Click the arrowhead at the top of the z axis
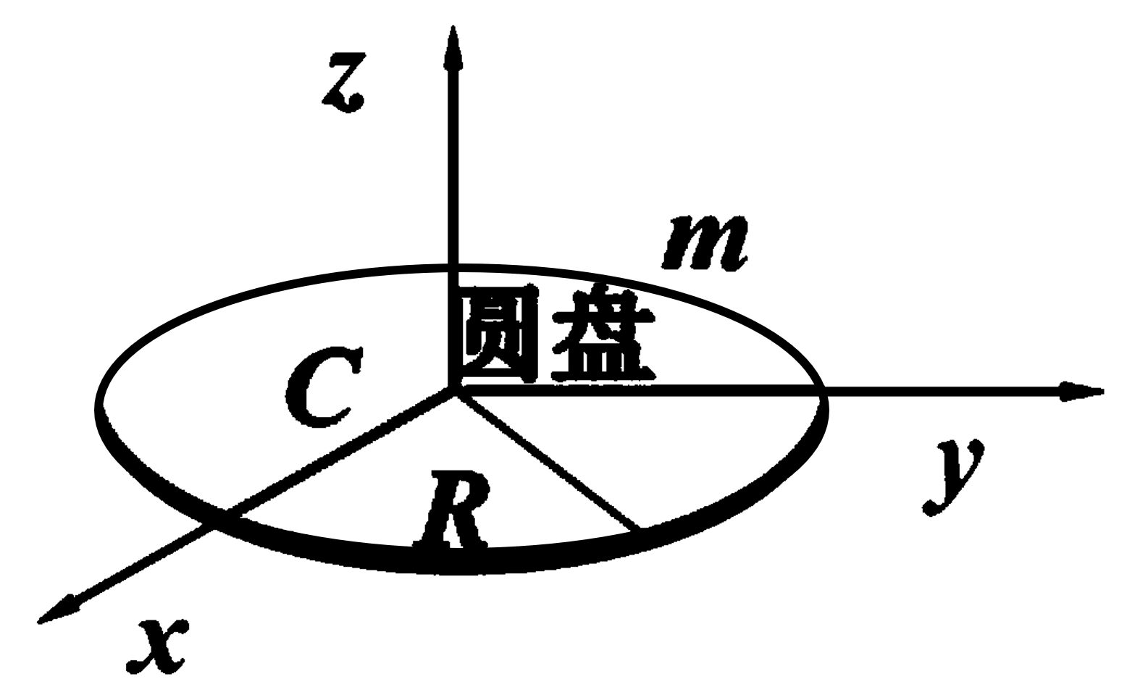click(x=453, y=47)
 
